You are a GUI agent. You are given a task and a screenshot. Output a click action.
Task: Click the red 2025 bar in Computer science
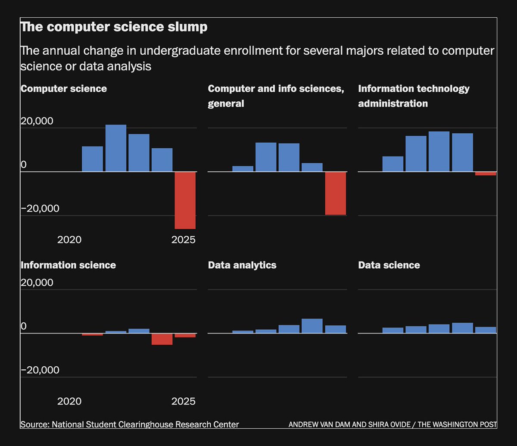185,200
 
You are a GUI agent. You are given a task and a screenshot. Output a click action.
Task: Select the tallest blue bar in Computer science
116,148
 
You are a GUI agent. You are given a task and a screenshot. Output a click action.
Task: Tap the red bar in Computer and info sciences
336,193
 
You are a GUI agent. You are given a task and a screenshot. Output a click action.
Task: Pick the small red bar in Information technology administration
486,174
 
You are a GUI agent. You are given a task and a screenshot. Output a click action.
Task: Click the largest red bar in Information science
162,339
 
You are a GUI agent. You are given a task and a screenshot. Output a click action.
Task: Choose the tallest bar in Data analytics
312,326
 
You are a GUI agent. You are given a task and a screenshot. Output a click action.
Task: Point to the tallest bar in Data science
462,328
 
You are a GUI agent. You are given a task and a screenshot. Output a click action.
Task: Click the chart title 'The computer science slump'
114,27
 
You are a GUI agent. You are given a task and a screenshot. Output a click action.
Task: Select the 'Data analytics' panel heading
242,265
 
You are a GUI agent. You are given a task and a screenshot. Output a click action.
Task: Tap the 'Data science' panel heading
389,265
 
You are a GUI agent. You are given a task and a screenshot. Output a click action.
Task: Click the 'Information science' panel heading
68,265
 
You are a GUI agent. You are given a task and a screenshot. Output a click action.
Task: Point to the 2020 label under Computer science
69,240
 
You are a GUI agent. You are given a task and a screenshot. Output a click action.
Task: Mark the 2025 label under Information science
183,402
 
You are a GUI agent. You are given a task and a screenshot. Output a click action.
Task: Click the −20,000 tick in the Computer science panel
40,209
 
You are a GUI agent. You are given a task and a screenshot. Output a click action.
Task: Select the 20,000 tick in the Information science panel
37,283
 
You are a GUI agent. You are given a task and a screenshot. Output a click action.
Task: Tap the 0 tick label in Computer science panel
24,165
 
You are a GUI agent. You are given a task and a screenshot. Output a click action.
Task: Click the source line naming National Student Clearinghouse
129,424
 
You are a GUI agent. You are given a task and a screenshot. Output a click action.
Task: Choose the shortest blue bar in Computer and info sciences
243,168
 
